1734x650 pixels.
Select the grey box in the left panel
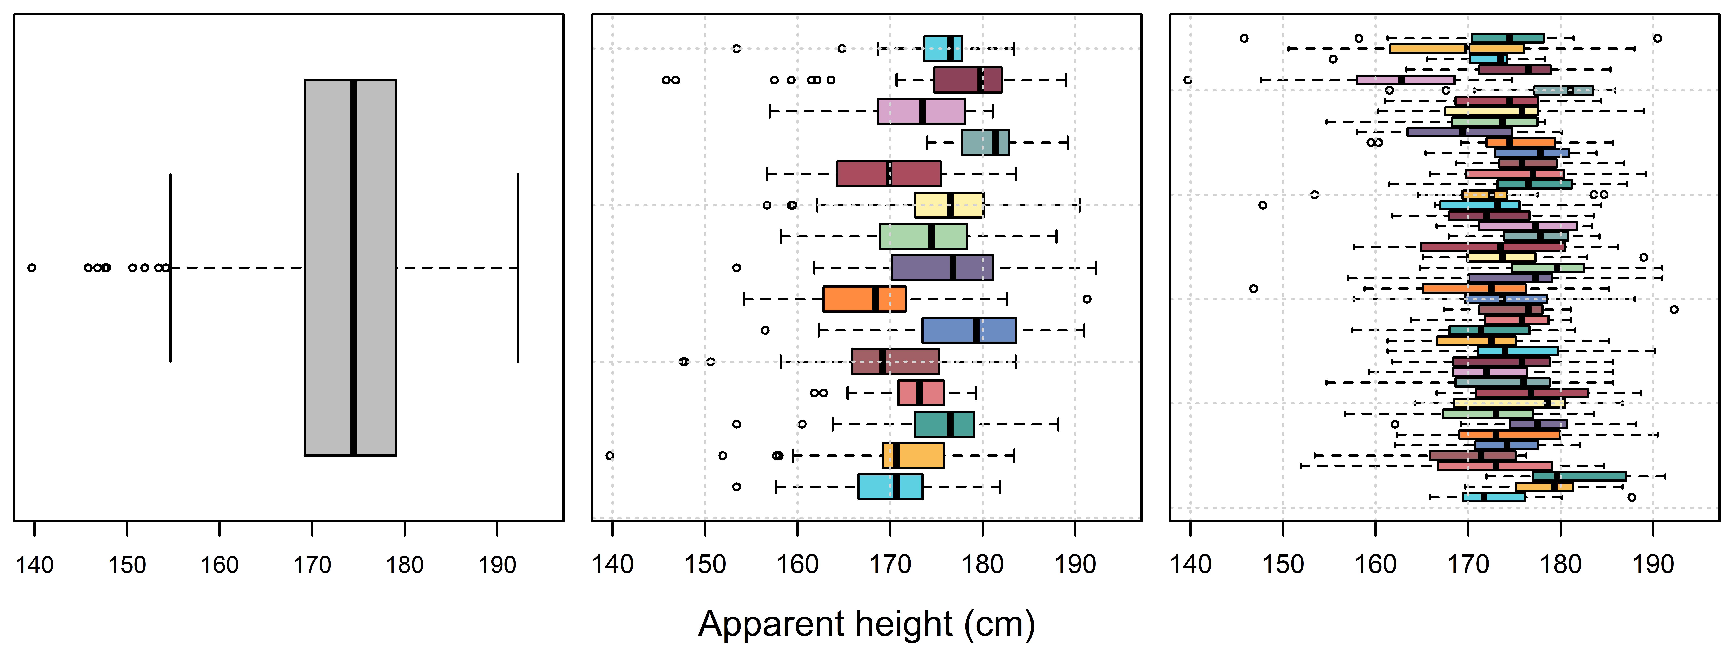350,267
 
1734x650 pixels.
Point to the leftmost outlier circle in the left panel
32,268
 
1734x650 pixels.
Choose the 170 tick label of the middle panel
890,565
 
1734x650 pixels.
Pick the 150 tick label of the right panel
1283,565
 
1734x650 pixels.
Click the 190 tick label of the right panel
1653,565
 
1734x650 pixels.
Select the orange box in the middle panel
864,299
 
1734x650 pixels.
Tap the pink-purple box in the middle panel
921,111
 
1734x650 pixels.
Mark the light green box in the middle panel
923,236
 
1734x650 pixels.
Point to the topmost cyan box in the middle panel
942,48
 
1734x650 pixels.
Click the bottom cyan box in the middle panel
890,486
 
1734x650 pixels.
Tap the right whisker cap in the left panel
518,268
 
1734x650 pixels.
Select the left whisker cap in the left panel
170,268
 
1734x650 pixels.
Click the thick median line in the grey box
353,267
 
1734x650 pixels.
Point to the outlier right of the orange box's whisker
1086,299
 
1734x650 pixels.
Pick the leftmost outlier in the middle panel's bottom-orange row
609,456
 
